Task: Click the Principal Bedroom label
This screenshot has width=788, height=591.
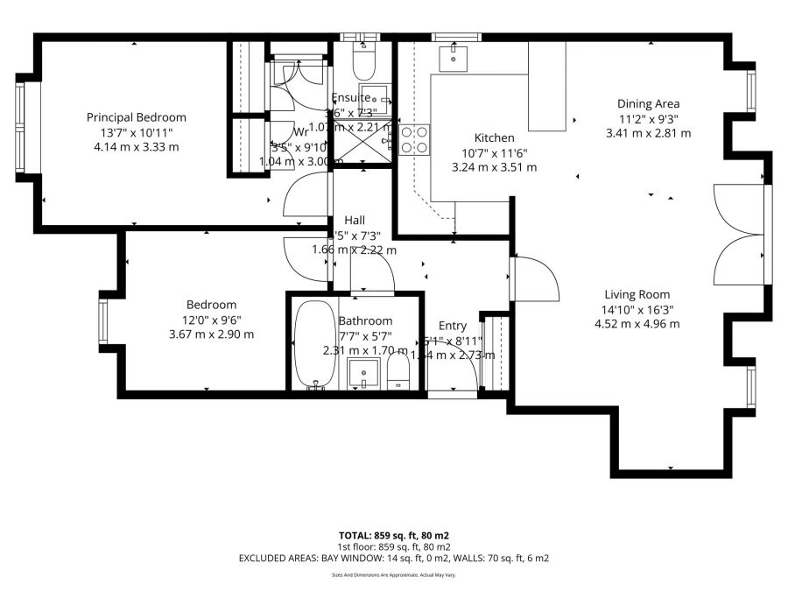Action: coord(136,117)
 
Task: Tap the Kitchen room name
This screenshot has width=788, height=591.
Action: coord(494,137)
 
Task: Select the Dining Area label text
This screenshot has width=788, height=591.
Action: coord(648,103)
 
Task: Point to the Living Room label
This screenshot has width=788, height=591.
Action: coord(637,294)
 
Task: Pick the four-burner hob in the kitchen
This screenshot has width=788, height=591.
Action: coord(414,140)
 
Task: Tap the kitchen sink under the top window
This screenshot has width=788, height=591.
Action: coord(454,59)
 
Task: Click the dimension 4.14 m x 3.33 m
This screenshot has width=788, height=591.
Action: coord(136,147)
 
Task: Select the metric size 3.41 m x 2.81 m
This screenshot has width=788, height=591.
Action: coord(648,134)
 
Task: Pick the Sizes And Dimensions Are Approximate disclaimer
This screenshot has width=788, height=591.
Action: coord(393,575)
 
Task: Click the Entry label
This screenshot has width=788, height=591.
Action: coord(453,326)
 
